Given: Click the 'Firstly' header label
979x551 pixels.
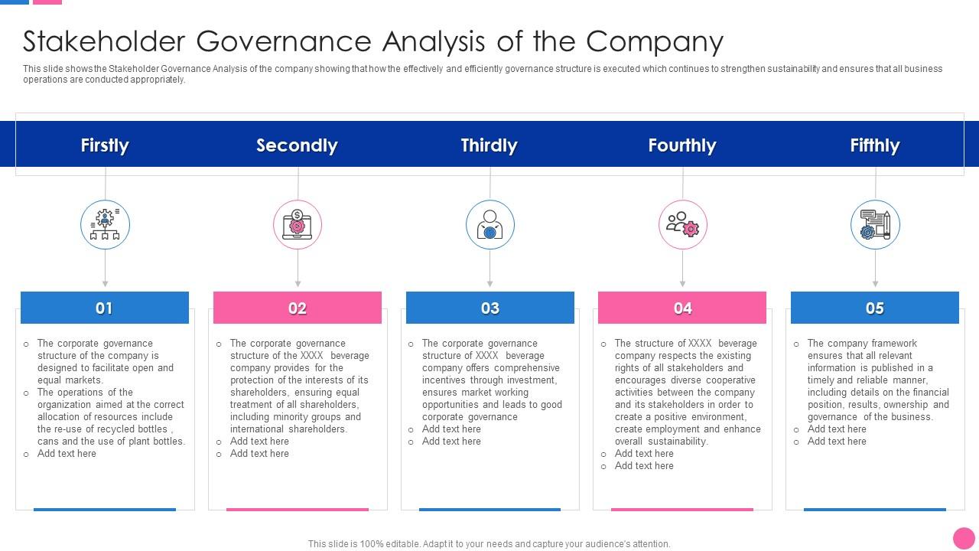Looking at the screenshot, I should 105,145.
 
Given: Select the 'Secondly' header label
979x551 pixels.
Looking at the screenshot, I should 297,145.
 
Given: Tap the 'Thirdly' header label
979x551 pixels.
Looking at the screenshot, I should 489,145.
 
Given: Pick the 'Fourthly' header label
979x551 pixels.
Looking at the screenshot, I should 681,145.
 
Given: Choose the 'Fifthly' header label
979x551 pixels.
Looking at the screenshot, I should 874,145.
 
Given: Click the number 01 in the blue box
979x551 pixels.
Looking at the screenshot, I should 104,308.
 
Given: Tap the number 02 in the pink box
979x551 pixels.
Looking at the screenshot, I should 297,308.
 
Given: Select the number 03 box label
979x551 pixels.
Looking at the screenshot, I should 489,308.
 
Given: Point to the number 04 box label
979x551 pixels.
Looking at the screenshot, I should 682,308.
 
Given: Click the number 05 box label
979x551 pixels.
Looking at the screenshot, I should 874,308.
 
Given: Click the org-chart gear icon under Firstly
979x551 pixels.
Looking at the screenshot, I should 105,225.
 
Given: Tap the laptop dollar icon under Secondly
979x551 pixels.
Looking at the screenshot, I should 298,225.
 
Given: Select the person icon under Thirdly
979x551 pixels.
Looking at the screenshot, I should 490,225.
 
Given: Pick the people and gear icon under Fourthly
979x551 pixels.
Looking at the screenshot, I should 683,225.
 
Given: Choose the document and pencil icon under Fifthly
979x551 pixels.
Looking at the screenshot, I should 875,225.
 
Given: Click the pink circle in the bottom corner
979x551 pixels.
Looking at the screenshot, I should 964,538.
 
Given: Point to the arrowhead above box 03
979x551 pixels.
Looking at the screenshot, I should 490,283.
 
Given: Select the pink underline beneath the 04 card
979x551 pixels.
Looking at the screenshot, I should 682,509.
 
